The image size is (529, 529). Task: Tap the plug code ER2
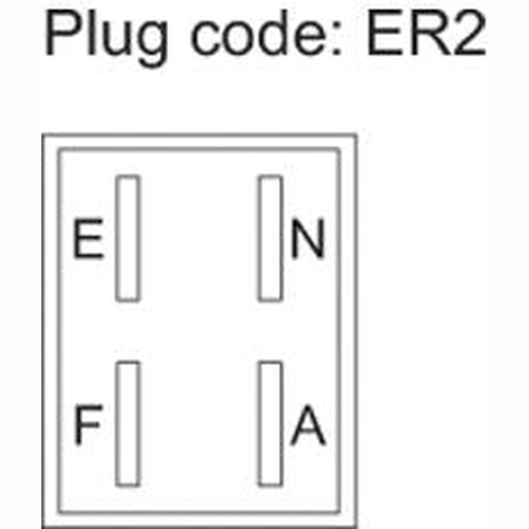coord(427,33)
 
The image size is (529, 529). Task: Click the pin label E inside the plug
coord(89,238)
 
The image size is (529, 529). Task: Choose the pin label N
coord(308,238)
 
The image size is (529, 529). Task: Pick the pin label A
coord(308,424)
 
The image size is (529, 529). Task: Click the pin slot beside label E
coord(127,238)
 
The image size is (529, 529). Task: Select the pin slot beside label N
coord(270,238)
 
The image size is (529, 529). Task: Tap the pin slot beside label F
coord(127,424)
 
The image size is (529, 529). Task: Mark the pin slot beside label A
coord(270,424)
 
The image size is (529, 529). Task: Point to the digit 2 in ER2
coord(468,33)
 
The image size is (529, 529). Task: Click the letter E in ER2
coord(384,33)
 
